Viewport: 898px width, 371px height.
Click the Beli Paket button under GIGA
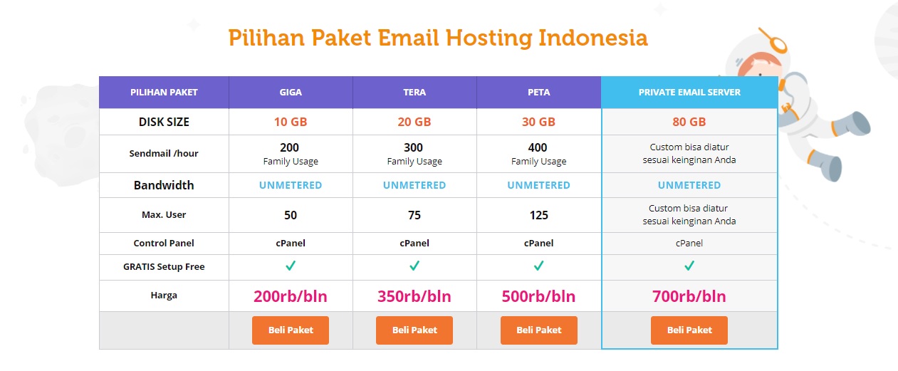point(291,330)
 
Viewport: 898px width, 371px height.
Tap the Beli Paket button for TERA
point(414,330)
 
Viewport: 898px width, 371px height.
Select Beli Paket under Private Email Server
point(689,330)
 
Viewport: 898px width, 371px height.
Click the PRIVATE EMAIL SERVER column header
point(689,93)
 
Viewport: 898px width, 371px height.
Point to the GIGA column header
point(291,93)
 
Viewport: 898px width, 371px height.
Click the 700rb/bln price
point(689,296)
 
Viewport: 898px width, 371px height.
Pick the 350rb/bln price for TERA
point(414,296)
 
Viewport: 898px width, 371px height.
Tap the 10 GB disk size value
point(291,122)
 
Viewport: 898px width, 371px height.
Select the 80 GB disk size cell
point(689,122)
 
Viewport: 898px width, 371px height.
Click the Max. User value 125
point(538,215)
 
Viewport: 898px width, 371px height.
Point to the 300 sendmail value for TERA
point(413,147)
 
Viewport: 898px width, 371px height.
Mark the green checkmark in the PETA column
point(539,266)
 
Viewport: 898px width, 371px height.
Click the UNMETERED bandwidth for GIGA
point(291,185)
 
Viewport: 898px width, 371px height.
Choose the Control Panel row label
point(164,243)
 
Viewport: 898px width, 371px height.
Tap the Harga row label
point(164,296)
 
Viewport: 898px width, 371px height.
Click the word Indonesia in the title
point(593,38)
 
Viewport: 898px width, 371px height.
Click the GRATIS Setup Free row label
point(164,267)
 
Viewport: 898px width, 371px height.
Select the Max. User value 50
point(291,215)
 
